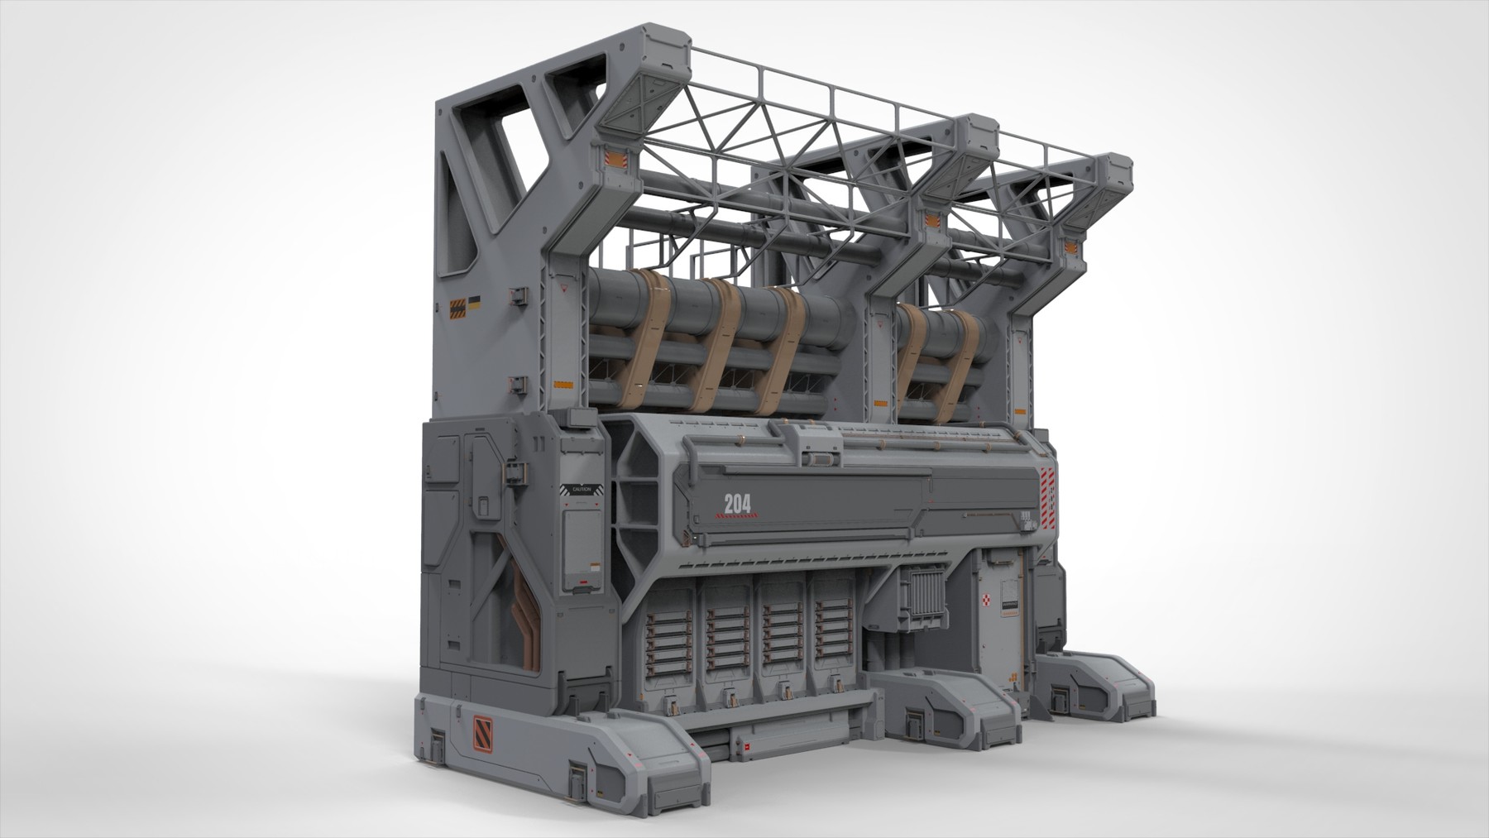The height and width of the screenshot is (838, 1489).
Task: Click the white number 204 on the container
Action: tap(737, 503)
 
